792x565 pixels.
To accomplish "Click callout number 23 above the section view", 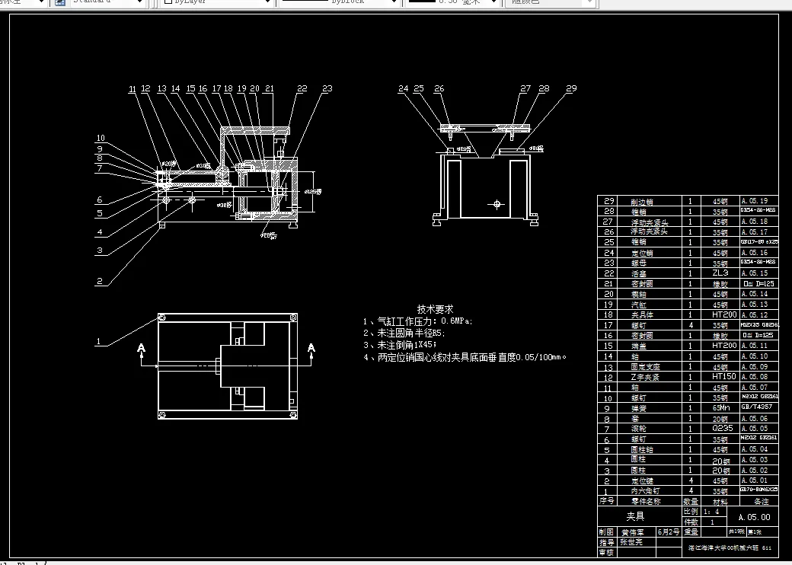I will click(x=327, y=89).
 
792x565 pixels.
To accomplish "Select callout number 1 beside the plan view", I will click(x=98, y=342).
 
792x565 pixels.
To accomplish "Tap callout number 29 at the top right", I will click(x=571, y=89).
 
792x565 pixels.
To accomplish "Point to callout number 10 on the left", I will click(x=100, y=139).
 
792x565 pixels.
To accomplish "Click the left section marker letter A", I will click(x=141, y=348).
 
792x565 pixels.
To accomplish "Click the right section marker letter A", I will click(x=311, y=348).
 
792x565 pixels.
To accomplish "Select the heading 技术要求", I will click(x=435, y=309).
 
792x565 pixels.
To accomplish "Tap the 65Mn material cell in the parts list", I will click(x=720, y=407).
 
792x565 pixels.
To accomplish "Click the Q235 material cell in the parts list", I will click(x=720, y=428).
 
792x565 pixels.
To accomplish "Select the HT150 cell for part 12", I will click(x=720, y=376).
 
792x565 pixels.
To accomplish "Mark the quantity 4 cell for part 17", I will click(x=690, y=325).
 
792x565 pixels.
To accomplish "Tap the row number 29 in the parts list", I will click(x=608, y=201).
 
